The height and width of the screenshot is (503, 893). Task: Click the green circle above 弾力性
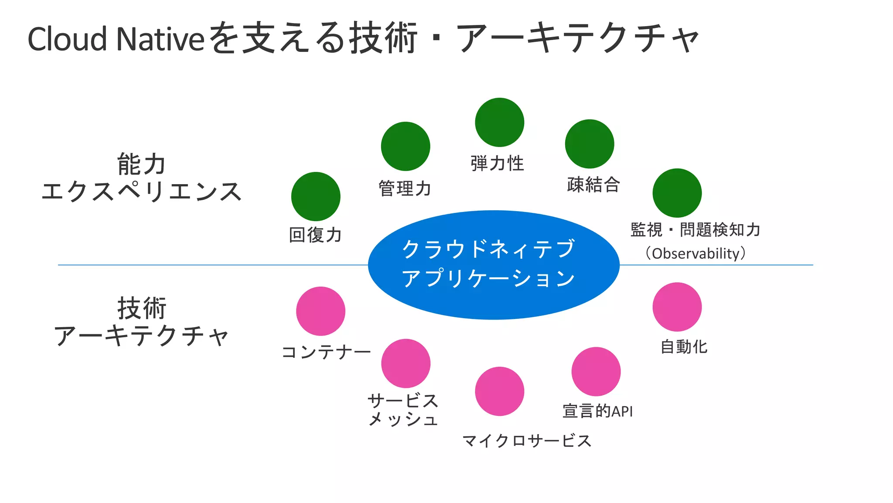pos(499,123)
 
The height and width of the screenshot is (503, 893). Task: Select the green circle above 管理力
pos(406,146)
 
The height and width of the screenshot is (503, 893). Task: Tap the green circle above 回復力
pos(316,196)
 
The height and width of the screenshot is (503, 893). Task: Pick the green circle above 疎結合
pos(590,144)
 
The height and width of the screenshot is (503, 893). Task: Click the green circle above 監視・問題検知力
pos(677,193)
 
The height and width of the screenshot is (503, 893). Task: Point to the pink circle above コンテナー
pos(320,311)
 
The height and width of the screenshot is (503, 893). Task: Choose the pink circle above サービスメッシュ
pos(406,363)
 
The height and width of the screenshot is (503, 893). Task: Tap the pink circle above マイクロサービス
pos(499,391)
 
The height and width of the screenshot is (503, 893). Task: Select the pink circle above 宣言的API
pos(596,372)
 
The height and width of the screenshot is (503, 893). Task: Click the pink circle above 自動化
pos(677,307)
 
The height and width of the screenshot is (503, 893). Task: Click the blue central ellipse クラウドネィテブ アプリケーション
pos(494,265)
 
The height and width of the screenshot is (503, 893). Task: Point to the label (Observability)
pos(695,253)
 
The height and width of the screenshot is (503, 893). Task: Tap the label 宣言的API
pos(597,411)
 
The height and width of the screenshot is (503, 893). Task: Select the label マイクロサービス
pos(527,441)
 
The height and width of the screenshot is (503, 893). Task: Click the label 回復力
pos(315,235)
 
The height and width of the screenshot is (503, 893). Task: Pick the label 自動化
pos(684,347)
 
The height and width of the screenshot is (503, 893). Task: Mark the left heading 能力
pos(141,164)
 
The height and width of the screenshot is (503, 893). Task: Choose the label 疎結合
pos(593,185)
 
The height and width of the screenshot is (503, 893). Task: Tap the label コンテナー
pos(326,352)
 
